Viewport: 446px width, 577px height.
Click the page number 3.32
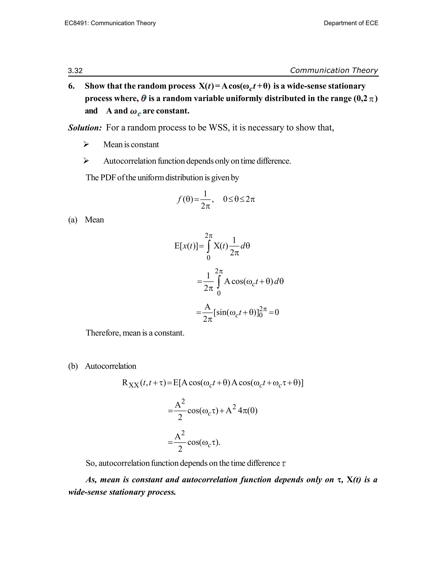click(x=75, y=71)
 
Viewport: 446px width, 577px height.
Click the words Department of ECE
click(x=351, y=23)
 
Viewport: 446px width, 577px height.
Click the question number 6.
click(x=71, y=86)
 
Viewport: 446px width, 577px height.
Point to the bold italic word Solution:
click(x=85, y=128)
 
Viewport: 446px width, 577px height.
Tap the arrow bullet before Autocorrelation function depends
click(x=86, y=161)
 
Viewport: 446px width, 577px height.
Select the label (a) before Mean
click(x=73, y=220)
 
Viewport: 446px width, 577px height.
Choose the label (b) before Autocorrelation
click(x=73, y=366)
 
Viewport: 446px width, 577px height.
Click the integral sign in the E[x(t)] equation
click(x=209, y=246)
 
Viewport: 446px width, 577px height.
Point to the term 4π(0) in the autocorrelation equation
click(x=248, y=411)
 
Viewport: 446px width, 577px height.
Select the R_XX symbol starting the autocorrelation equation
click(x=130, y=383)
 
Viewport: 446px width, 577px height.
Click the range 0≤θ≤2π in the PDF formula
click(x=239, y=199)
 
